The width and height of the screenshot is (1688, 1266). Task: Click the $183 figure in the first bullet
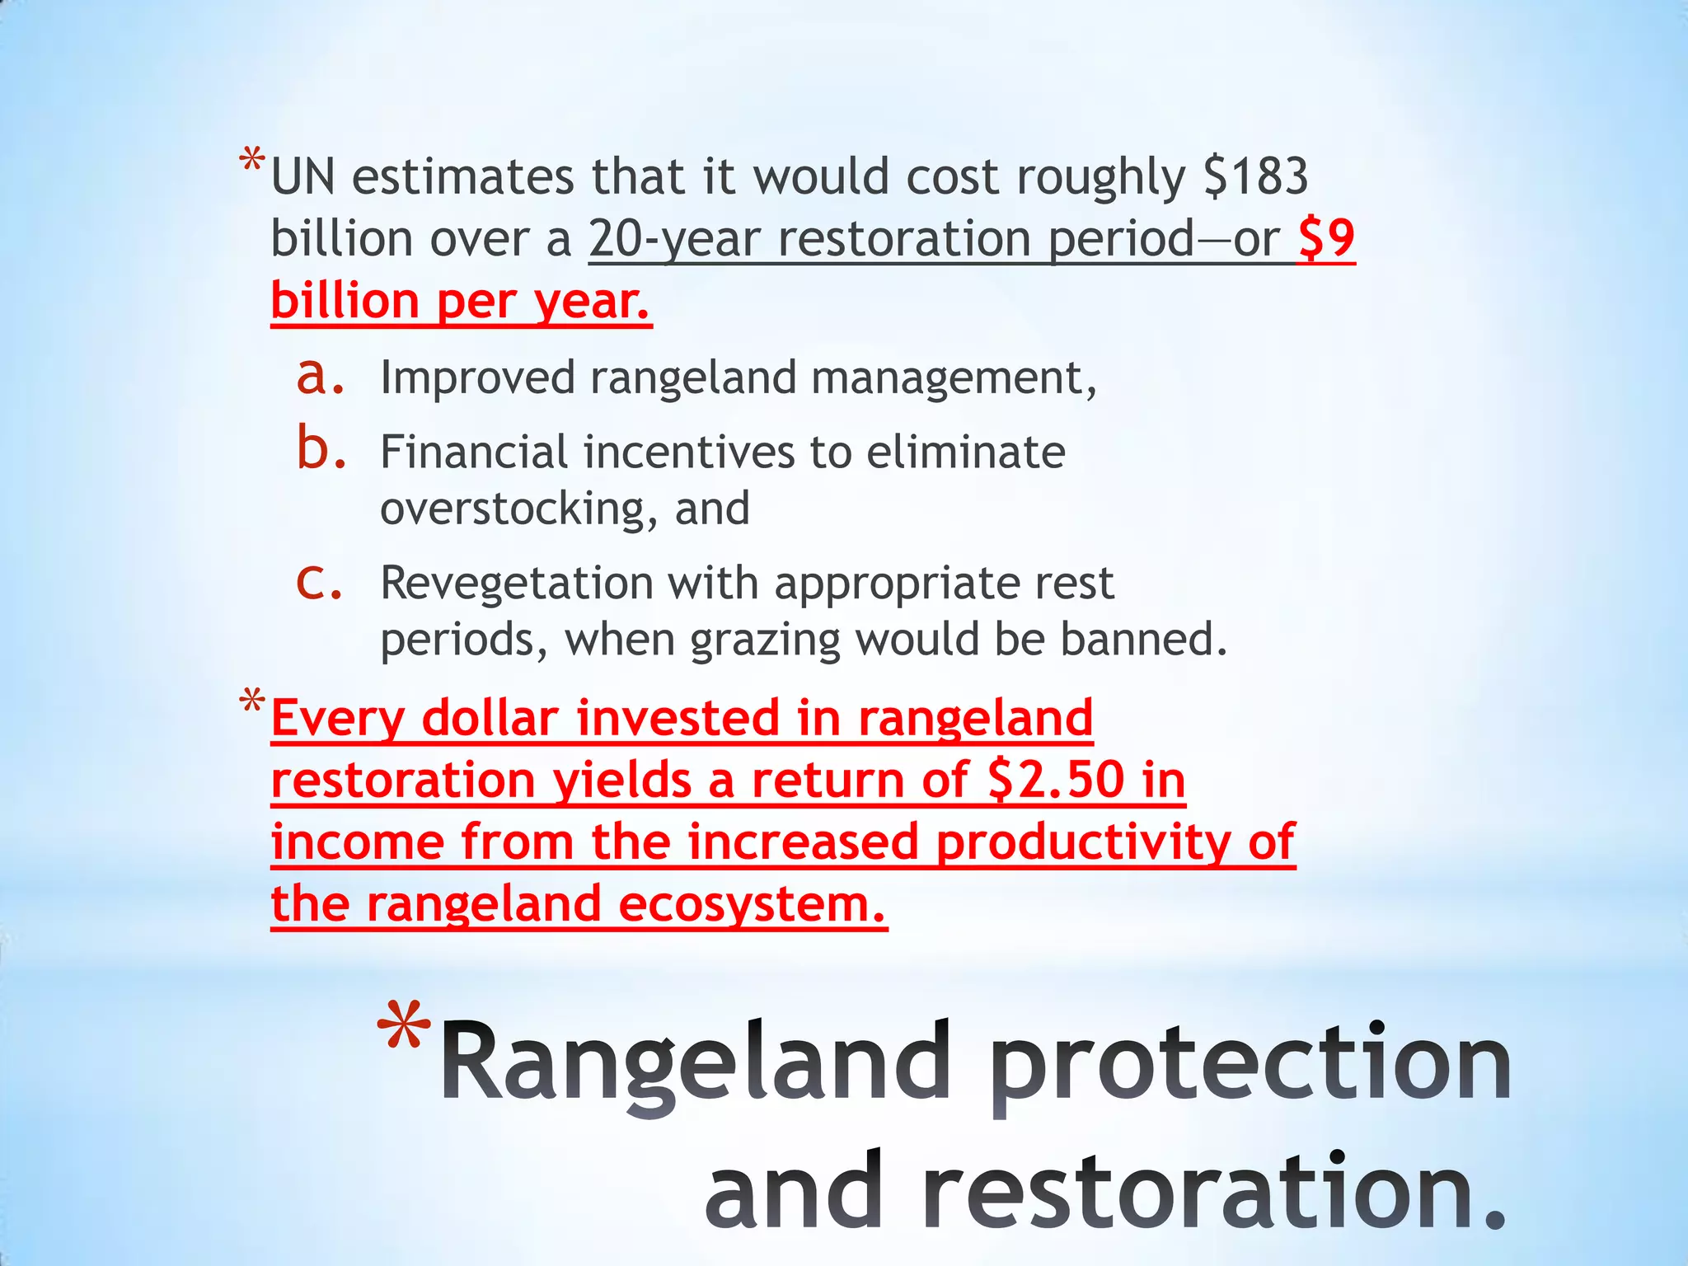[x=1255, y=176]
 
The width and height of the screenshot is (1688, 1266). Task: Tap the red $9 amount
[x=1326, y=239]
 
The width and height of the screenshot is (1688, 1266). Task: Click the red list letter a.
[x=319, y=377]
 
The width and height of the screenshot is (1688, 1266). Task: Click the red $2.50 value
[x=1056, y=780]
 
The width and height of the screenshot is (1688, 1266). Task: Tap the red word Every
[x=338, y=718]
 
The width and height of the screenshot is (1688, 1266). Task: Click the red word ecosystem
[x=751, y=904]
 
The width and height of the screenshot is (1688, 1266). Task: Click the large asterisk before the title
[x=403, y=1030]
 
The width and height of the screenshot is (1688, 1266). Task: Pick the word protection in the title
[x=1250, y=1063]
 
